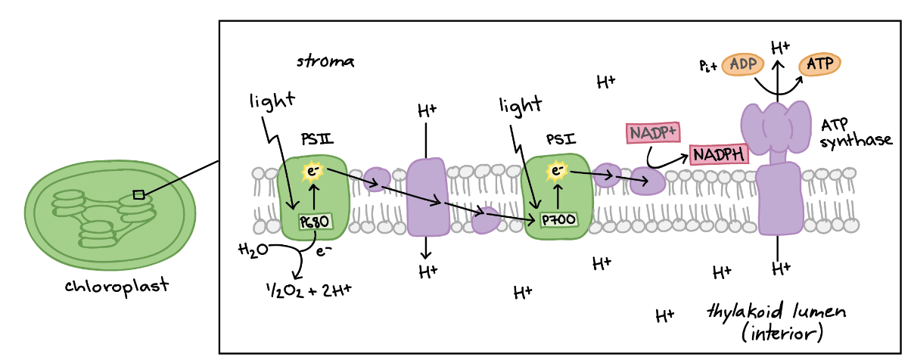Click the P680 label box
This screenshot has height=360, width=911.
(x=316, y=222)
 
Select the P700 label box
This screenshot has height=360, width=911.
(x=559, y=220)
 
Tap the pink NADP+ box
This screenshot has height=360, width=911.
(x=653, y=132)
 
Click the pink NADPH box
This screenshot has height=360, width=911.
(x=719, y=154)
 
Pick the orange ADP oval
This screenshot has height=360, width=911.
(x=742, y=64)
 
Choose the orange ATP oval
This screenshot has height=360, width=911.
(x=819, y=64)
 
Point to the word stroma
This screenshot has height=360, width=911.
(x=325, y=61)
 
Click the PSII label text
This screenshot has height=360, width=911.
(x=317, y=139)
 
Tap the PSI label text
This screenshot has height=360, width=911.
(x=561, y=139)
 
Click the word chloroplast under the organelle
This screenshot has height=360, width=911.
(x=117, y=286)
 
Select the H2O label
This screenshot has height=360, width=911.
(x=253, y=250)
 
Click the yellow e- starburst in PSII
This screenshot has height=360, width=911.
(x=312, y=172)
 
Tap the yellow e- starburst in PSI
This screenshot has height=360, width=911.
(x=556, y=170)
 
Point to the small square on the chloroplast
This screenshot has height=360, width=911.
(x=138, y=195)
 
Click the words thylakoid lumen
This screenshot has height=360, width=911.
(x=776, y=312)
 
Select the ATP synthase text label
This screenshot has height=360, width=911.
(x=856, y=133)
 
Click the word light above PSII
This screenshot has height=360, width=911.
(x=272, y=101)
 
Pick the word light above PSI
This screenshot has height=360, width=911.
(x=521, y=106)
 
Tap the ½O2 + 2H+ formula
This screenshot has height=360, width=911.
(x=309, y=290)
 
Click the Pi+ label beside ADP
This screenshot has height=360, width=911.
(x=708, y=66)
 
